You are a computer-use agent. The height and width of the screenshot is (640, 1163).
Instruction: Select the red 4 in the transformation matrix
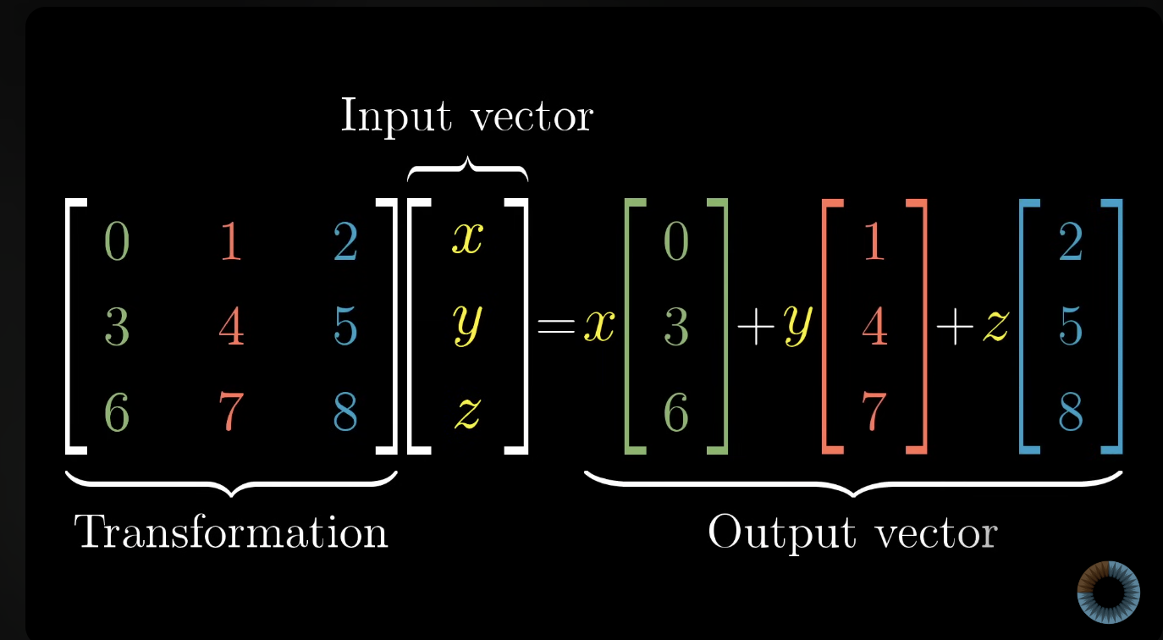pyautogui.click(x=230, y=327)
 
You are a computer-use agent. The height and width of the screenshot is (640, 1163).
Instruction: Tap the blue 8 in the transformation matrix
pyautogui.click(x=344, y=412)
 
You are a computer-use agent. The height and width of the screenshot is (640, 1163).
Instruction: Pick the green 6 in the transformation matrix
pyautogui.click(x=117, y=412)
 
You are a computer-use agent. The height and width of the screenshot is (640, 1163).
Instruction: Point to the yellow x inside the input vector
pyautogui.click(x=466, y=240)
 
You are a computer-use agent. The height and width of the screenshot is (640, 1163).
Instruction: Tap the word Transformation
pyautogui.click(x=231, y=532)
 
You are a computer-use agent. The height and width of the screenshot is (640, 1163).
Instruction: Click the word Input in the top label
pyautogui.click(x=394, y=115)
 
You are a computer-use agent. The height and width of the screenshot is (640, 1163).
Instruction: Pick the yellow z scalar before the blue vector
pyautogui.click(x=995, y=328)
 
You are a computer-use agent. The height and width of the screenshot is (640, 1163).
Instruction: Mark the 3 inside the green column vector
pyautogui.click(x=675, y=327)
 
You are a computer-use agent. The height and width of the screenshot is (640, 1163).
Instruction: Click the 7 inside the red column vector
pyautogui.click(x=874, y=412)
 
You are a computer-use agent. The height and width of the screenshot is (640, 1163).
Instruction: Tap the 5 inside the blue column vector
pyautogui.click(x=1072, y=327)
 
